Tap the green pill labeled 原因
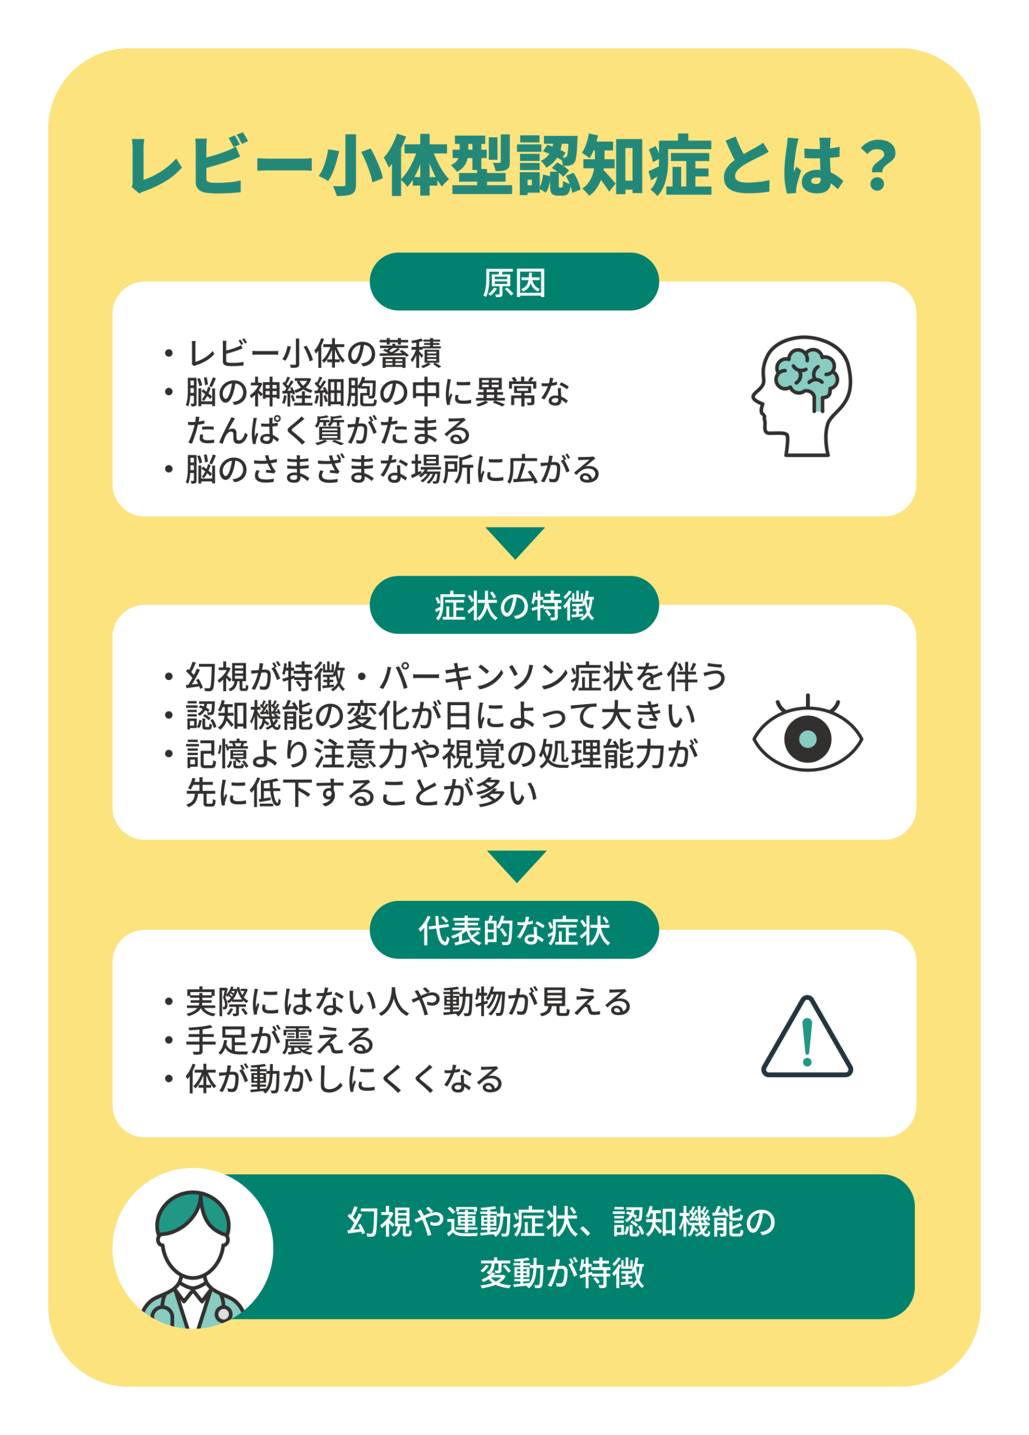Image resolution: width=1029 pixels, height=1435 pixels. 514,282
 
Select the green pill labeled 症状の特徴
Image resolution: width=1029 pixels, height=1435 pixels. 514,605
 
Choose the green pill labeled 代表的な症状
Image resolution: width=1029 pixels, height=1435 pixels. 514,930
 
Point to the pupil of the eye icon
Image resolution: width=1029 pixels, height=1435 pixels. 808,738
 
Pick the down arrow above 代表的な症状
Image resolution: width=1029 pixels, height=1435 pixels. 516,865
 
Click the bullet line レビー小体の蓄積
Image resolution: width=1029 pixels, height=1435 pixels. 314,354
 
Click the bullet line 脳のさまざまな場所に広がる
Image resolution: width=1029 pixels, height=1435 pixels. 392,470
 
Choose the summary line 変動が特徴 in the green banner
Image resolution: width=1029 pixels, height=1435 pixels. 562,1273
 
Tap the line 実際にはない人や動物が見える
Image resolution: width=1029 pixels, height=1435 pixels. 408,1002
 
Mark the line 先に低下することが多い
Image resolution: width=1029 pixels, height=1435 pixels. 362,792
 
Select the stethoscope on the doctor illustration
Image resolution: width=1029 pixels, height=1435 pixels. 221,1313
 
